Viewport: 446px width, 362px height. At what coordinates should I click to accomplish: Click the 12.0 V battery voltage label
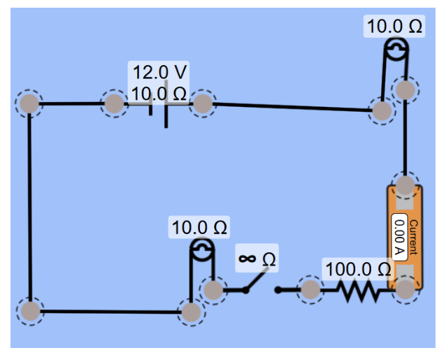(x=160, y=72)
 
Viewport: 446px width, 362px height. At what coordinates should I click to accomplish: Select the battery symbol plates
(x=159, y=107)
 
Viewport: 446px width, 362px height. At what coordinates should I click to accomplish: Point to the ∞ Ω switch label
(x=257, y=259)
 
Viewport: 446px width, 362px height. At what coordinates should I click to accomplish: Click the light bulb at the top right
(x=396, y=50)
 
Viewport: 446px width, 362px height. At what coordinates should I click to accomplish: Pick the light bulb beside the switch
(x=201, y=250)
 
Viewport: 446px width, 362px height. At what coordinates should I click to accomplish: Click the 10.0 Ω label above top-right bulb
(x=394, y=27)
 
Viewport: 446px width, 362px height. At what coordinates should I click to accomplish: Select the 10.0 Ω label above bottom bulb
(x=199, y=228)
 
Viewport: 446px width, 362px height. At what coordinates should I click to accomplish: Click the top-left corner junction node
(x=29, y=104)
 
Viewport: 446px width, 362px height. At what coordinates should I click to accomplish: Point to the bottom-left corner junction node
(x=29, y=311)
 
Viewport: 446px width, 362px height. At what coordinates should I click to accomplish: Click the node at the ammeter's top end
(x=405, y=185)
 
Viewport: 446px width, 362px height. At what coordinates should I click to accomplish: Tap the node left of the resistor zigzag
(x=310, y=289)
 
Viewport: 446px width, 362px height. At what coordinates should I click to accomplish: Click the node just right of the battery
(x=202, y=104)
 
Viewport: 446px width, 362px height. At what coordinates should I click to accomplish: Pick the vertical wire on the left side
(x=29, y=210)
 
